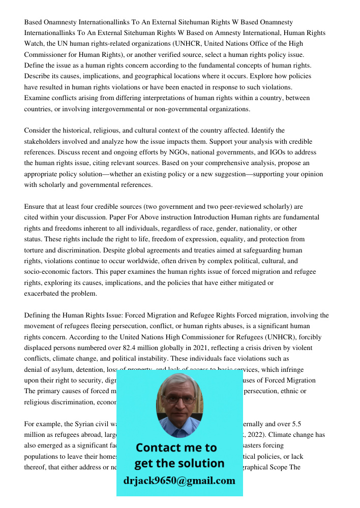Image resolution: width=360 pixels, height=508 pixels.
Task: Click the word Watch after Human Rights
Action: pyautogui.click(x=34, y=44)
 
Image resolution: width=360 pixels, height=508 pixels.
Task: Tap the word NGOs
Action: pyautogui.click(x=179, y=152)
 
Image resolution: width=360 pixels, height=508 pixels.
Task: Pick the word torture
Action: pyautogui.click(x=35, y=249)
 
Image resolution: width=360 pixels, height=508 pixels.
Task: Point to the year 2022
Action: pyautogui.click(x=315, y=434)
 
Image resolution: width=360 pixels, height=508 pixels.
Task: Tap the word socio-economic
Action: pyautogui.click(x=47, y=271)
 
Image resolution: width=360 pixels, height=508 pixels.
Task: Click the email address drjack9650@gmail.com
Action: pyautogui.click(x=179, y=480)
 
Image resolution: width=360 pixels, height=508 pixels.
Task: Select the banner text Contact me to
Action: pyautogui.click(x=176, y=448)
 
